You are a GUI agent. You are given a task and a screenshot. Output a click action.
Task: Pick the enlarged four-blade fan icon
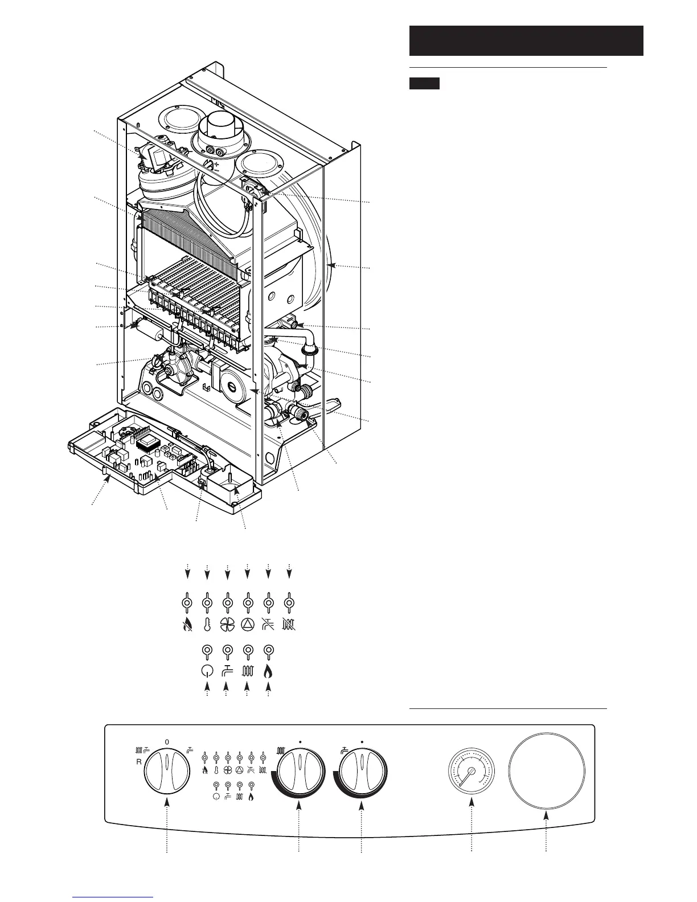227,625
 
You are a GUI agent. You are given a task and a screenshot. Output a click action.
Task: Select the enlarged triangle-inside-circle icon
248,625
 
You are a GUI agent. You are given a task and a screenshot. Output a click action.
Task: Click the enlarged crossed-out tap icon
268,625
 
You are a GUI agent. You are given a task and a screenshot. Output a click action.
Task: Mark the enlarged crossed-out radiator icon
289,625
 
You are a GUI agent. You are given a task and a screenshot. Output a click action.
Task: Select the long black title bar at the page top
526,40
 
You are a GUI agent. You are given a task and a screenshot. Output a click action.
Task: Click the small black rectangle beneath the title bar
424,84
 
